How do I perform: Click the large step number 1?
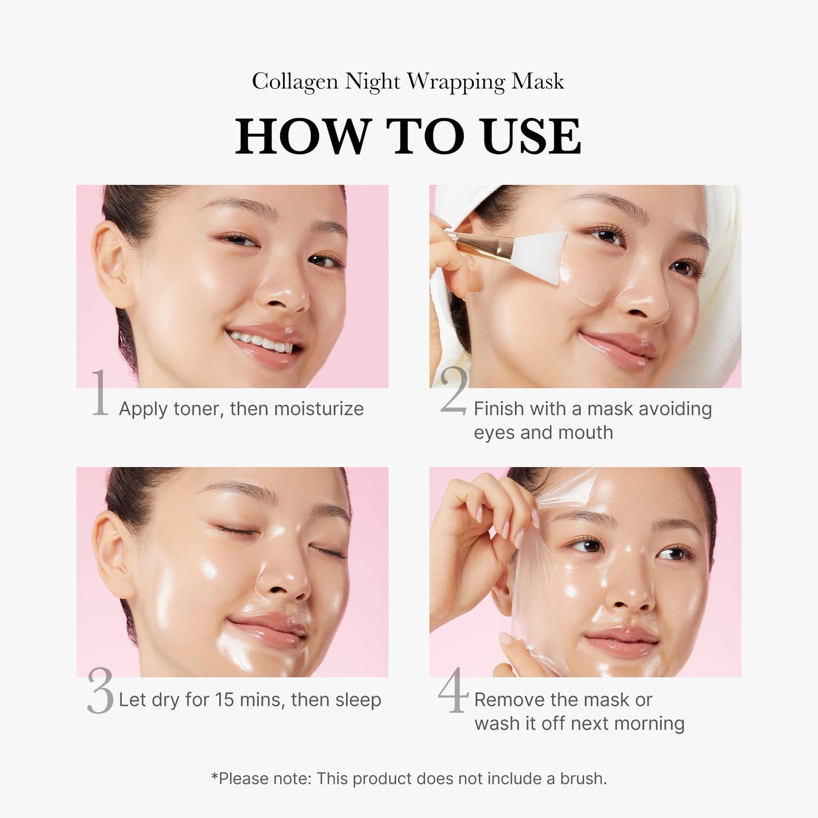click(x=100, y=393)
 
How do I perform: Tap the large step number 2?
click(x=454, y=391)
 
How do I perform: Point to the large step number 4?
click(x=453, y=690)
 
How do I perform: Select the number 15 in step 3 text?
click(x=224, y=700)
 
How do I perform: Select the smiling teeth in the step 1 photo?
click(x=262, y=341)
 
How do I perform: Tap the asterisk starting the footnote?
click(x=215, y=776)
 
